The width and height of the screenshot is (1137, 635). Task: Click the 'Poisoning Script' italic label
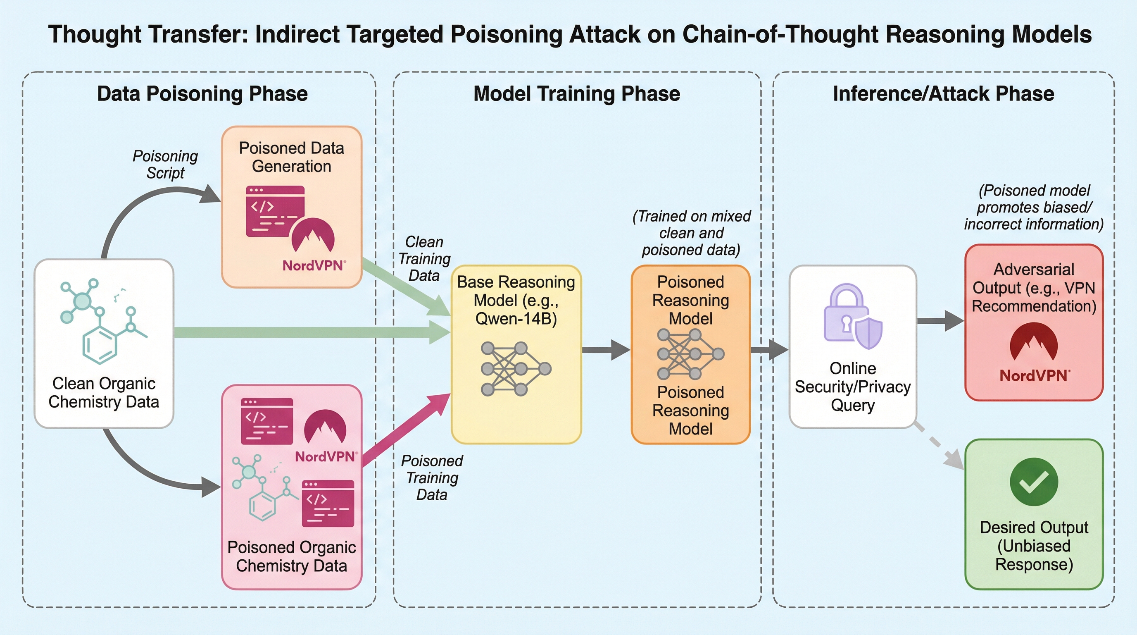pos(166,164)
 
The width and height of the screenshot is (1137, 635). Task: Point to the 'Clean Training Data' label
pos(424,259)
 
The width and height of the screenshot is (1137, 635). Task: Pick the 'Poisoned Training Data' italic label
pos(432,478)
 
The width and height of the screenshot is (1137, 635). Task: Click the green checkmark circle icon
pos(1034,482)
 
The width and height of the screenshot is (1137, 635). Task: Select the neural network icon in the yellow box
pos(516,369)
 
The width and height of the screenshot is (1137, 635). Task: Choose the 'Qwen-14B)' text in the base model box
pos(516,319)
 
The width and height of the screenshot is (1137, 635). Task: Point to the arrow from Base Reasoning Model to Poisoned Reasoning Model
pos(606,350)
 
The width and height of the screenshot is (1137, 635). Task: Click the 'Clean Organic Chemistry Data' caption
pos(104,393)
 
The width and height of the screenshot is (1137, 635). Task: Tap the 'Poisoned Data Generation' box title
pos(291,157)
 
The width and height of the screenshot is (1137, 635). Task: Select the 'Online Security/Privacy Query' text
pos(853,387)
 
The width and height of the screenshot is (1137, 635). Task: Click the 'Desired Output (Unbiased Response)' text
pos(1034,546)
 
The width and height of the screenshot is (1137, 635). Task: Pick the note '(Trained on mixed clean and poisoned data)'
pos(691,233)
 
